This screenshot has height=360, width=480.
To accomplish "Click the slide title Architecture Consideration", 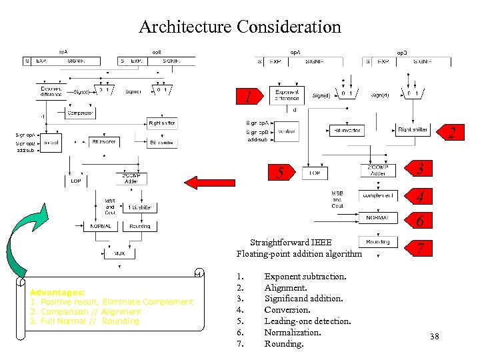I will [x=240, y=27].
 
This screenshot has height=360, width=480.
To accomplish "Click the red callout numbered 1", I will [x=247, y=97].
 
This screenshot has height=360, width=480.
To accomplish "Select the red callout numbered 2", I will [x=451, y=132].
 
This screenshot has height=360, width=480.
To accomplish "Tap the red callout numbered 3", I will [x=419, y=169].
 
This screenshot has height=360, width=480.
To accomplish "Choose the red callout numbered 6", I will [x=419, y=221].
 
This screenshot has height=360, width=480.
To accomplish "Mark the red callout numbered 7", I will [x=419, y=249].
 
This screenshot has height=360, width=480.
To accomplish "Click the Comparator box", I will [x=80, y=113].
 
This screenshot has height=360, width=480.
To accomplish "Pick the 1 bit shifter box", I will [x=139, y=207].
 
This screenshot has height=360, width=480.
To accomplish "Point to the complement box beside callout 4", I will [x=377, y=195].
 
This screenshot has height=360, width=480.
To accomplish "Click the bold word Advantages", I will [x=57, y=293].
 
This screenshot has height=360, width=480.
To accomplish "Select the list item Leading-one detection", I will [x=307, y=321].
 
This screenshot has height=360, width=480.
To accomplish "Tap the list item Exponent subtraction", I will [x=305, y=276].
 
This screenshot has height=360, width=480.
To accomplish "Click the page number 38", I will [x=435, y=337].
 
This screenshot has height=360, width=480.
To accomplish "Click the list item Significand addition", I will [x=303, y=299].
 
